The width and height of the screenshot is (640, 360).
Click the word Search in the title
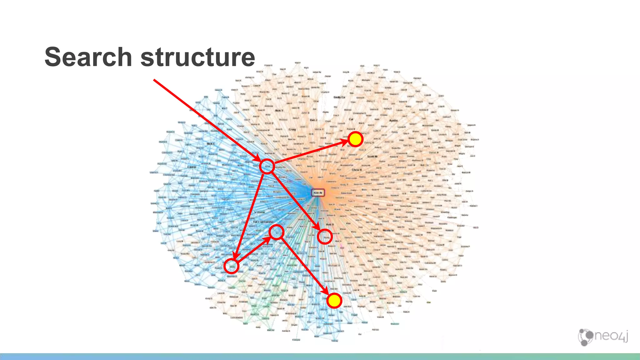[x=88, y=57]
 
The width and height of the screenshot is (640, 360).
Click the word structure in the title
[x=198, y=57]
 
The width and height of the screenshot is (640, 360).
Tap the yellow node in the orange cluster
[x=355, y=139]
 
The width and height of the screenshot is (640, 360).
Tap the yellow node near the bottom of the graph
[x=334, y=301]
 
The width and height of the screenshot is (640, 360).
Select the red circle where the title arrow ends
[x=267, y=166]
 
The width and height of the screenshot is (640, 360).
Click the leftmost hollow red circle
[x=232, y=266]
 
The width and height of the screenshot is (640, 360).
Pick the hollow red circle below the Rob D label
[x=325, y=237]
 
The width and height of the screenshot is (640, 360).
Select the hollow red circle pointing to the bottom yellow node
[x=277, y=232]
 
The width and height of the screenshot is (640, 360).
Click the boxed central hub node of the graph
[x=318, y=193]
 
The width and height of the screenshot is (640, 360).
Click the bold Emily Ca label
[x=339, y=97]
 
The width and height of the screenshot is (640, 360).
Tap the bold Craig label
[x=292, y=129]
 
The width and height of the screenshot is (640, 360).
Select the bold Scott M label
[x=372, y=156]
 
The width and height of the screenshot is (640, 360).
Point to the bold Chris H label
[x=357, y=170]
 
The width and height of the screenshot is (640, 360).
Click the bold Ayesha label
[x=393, y=120]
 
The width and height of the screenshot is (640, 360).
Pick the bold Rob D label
[x=330, y=224]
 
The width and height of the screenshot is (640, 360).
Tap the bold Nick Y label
[x=279, y=110]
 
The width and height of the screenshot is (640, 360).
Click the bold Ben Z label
[x=313, y=120]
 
